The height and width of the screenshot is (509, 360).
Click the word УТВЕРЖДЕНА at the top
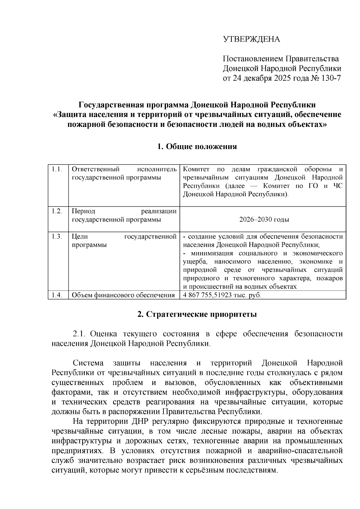251,39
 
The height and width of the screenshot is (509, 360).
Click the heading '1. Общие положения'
197,146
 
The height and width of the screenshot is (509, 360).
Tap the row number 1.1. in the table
57,169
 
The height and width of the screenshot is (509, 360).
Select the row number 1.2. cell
57,211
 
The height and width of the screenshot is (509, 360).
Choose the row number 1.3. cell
57,237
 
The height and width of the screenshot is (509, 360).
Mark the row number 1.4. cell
57,295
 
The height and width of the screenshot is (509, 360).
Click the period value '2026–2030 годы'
264,220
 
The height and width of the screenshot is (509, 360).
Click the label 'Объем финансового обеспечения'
123,295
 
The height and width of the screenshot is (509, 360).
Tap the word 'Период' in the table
83,211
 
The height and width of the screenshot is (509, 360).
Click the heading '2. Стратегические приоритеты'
197,315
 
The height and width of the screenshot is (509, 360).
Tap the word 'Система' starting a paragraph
88,363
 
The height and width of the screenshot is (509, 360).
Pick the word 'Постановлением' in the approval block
253,59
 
